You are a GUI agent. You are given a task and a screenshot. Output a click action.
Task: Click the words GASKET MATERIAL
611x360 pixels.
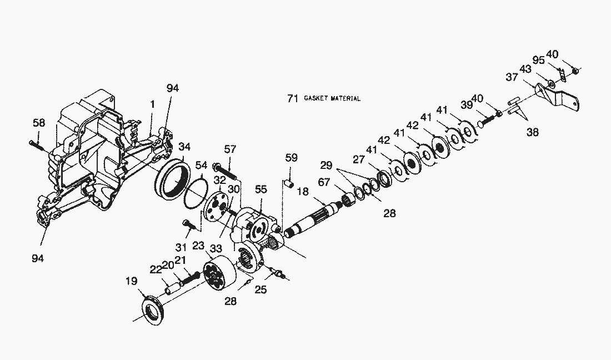tap(332, 98)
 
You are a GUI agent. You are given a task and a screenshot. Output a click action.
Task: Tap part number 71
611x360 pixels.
tap(293, 98)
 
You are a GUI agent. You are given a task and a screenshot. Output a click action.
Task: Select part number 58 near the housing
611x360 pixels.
tap(38, 123)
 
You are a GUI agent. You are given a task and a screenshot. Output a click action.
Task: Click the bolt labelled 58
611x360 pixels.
tap(38, 146)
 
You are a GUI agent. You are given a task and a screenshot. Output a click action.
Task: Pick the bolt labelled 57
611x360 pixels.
tap(225, 172)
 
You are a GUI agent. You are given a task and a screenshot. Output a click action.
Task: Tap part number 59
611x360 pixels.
tap(291, 157)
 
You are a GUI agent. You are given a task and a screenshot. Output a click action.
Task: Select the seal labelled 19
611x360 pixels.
tap(153, 310)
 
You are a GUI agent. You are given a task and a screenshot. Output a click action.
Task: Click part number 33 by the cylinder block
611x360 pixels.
tap(216, 248)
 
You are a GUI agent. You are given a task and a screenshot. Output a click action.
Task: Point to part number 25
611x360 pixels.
tap(261, 289)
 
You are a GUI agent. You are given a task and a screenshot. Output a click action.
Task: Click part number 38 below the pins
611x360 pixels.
tap(532, 132)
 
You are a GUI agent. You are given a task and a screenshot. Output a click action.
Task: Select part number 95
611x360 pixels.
tap(538, 61)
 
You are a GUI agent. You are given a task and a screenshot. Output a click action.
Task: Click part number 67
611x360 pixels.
tap(324, 182)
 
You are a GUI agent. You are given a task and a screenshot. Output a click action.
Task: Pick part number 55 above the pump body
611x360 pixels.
tap(261, 189)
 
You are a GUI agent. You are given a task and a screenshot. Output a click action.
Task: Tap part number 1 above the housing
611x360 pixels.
tap(152, 104)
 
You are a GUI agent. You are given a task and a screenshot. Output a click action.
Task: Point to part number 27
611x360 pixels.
tap(358, 159)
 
